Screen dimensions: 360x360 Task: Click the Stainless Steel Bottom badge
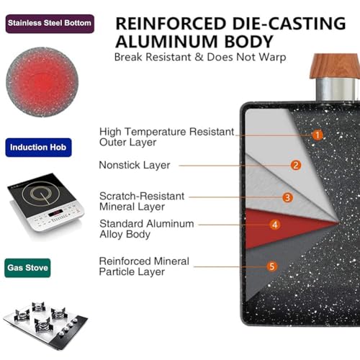(x=50, y=24)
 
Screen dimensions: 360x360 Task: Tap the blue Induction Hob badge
(x=38, y=148)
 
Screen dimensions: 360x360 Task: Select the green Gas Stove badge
(x=27, y=268)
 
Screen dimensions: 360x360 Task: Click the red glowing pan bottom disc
(x=42, y=82)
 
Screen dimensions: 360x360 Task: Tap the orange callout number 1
(x=318, y=135)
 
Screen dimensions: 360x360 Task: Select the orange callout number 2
(x=296, y=165)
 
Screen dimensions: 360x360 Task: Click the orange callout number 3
(x=287, y=197)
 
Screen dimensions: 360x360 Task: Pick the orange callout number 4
(x=275, y=225)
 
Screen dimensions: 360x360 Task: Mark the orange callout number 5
(x=272, y=266)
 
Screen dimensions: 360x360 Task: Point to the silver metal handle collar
(x=337, y=89)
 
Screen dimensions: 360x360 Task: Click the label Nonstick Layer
(x=135, y=165)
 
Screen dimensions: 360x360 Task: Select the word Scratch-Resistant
(x=142, y=196)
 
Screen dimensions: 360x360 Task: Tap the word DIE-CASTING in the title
(x=289, y=23)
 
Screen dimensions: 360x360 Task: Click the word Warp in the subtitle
(x=273, y=58)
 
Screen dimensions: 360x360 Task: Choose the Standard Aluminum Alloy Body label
(x=147, y=229)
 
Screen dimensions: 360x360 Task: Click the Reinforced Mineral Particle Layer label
(x=144, y=266)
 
